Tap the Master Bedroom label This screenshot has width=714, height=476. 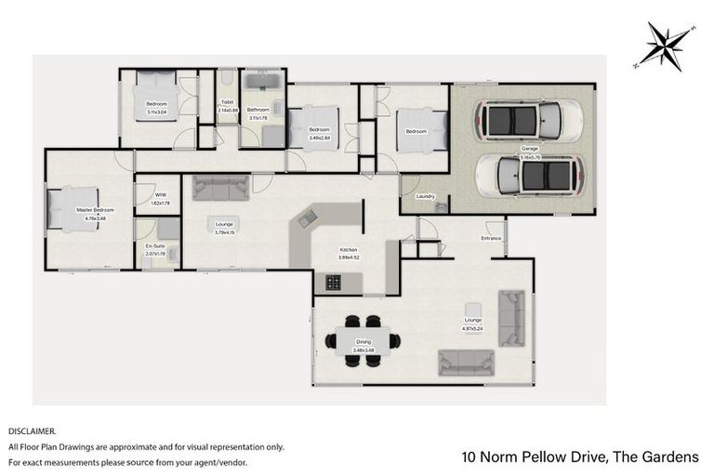[x=90, y=211]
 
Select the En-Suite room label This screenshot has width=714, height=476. [x=156, y=246]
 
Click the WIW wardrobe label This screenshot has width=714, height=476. [x=161, y=195]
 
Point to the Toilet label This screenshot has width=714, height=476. [x=227, y=103]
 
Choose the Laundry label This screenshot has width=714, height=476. [x=426, y=196]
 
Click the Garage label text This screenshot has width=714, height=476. [x=530, y=148]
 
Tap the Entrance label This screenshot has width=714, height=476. [x=491, y=239]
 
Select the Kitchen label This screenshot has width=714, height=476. [x=349, y=250]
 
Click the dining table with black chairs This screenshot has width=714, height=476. [x=363, y=340]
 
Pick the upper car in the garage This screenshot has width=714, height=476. [x=528, y=120]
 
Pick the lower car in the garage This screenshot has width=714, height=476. [x=530, y=175]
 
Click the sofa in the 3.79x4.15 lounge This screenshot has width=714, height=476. [x=220, y=189]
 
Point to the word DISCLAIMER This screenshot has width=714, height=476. [x=33, y=432]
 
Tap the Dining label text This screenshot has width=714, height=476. [x=363, y=342]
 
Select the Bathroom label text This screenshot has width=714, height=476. [x=258, y=110]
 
